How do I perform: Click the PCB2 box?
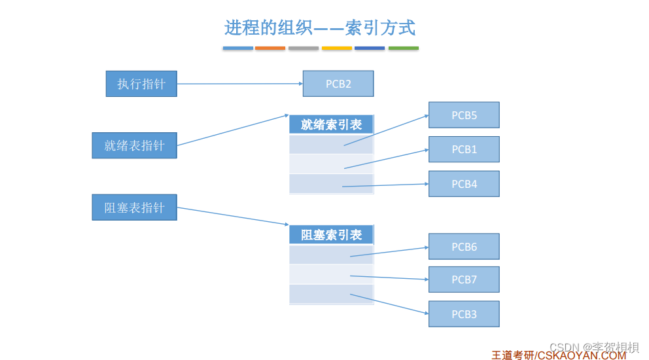point(338,84)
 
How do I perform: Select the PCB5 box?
point(464,115)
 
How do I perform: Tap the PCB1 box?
point(464,149)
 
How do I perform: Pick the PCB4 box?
point(464,184)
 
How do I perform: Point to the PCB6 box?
point(464,247)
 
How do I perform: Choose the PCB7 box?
point(464,279)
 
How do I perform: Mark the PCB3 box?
point(464,314)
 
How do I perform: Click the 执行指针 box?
point(141,84)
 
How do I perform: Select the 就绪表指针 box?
point(134,145)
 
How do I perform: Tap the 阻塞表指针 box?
point(134,207)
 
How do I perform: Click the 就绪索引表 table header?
point(331,124)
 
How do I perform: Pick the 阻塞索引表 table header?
point(331,235)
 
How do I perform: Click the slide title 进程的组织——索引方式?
point(320,27)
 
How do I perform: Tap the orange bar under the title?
point(270,48)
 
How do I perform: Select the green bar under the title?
point(403,48)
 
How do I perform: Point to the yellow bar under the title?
point(336,48)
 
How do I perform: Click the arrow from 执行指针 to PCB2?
point(239,84)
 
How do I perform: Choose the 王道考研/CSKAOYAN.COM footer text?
point(558,355)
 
